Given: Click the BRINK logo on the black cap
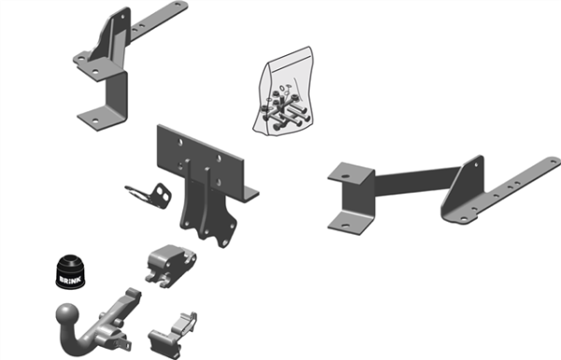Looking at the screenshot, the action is click(70, 280).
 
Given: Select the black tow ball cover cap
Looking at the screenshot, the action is click(70, 271).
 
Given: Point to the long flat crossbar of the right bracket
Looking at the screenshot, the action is click(417, 181).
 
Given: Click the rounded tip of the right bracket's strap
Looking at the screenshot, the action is click(554, 161).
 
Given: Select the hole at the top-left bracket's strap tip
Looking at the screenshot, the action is click(178, 5).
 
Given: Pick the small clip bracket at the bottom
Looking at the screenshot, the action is click(173, 335).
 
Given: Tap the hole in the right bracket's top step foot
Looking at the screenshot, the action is click(345, 176).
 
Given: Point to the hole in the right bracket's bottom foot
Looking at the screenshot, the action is click(345, 225).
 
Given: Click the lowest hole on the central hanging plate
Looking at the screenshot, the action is click(224, 243).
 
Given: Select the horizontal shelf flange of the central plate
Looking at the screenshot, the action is click(251, 194).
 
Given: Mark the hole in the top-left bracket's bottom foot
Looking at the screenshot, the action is click(94, 121).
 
